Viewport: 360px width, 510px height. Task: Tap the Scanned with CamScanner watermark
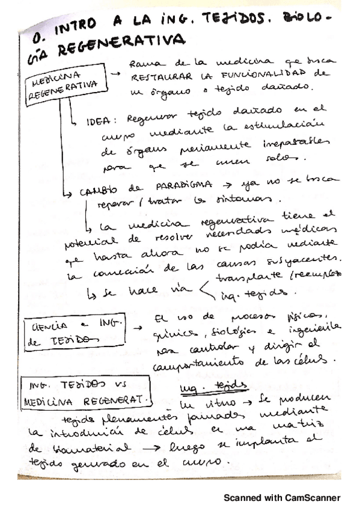point(282,497)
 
